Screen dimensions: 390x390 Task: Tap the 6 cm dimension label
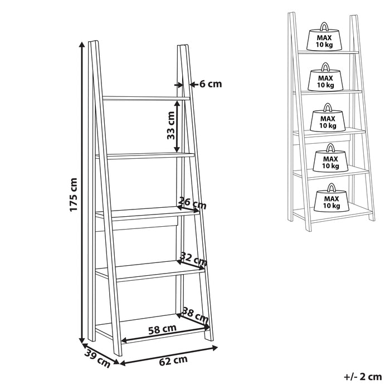(210, 84)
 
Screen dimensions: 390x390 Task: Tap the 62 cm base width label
(173, 360)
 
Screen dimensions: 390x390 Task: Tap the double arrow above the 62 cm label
(169, 354)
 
